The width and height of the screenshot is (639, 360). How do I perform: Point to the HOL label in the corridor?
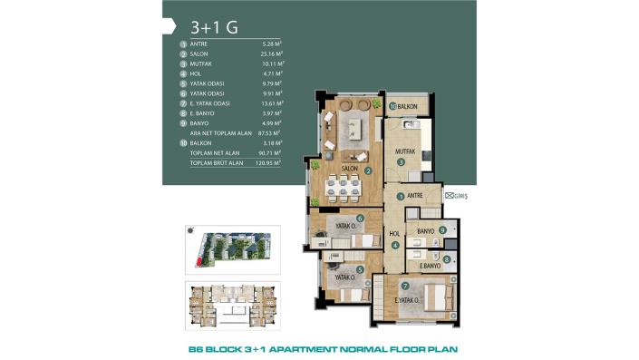click(394, 233)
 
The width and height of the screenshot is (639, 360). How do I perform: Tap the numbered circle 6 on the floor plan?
click(361, 218)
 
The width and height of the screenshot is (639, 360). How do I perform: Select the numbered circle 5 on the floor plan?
click(361, 269)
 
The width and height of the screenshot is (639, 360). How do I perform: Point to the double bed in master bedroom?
click(433, 296)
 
